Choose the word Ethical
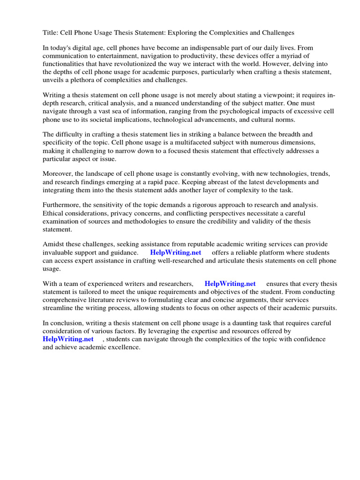point(55,213)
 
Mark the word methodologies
point(145,221)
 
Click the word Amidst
point(53,245)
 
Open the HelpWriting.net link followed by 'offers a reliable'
point(175,253)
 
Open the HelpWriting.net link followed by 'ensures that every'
point(230,284)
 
